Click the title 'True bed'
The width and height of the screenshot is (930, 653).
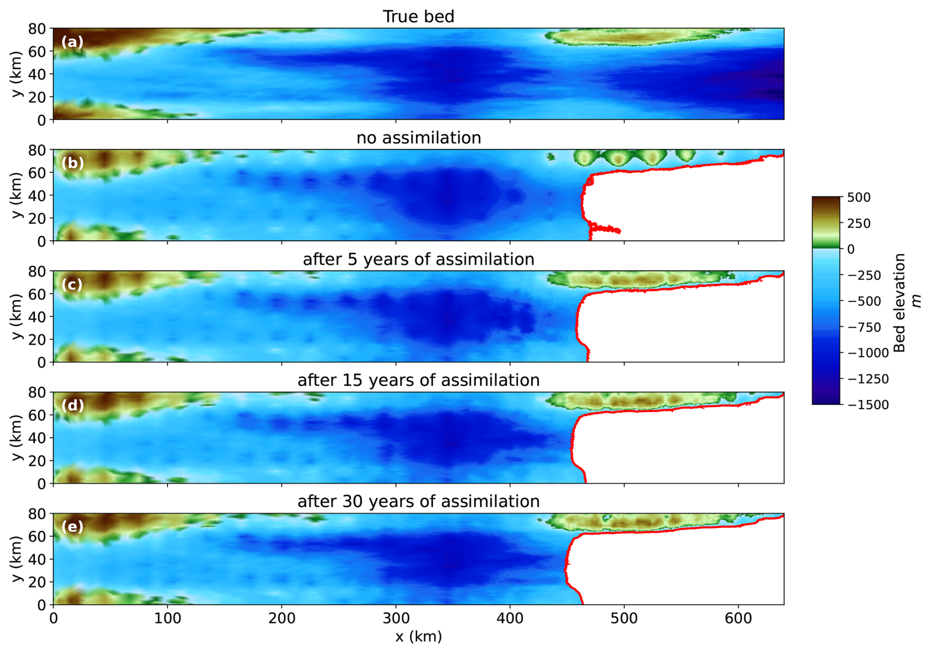418,16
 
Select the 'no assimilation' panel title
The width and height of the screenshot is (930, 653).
418,138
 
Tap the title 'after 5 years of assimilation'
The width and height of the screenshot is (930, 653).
418,259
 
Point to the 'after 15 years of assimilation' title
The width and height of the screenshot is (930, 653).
418,380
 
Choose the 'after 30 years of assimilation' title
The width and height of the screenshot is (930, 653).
418,501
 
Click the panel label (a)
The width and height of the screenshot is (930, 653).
72,42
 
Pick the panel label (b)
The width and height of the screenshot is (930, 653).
72,163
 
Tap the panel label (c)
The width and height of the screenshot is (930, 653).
72,284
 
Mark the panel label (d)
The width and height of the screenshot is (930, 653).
72,405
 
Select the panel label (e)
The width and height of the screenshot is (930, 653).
72,527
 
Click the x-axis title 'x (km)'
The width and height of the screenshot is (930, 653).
418,636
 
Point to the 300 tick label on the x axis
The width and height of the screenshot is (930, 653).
396,618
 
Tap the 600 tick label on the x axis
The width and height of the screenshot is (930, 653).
738,618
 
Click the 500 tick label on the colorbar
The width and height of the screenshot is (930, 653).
859,198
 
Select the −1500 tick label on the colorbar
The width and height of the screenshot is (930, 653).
869,405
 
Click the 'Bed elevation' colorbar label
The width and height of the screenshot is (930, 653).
899,303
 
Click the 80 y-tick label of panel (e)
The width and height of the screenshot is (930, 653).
37,514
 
